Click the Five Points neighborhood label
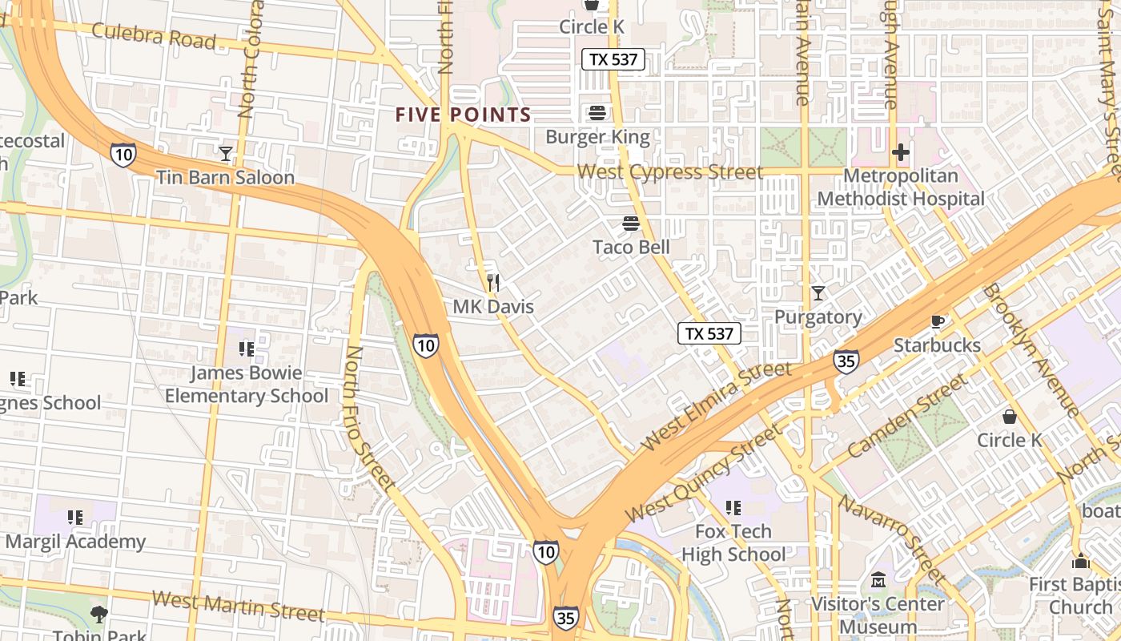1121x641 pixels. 464,115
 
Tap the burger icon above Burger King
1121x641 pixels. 597,113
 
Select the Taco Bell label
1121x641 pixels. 631,247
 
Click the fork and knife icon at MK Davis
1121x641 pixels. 493,282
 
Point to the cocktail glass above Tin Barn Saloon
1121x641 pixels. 226,153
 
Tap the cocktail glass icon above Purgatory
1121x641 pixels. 818,293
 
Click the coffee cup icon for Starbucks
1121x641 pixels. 937,322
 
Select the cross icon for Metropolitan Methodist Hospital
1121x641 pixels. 901,151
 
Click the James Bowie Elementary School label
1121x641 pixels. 247,385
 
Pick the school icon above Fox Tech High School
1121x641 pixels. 733,507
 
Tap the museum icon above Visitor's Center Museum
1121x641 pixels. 878,579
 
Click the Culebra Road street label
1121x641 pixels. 154,36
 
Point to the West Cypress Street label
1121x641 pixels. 669,172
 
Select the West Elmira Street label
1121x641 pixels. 717,405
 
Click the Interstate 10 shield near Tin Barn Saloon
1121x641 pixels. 123,155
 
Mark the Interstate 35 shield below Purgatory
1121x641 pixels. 846,361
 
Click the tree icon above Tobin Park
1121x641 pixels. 99,615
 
